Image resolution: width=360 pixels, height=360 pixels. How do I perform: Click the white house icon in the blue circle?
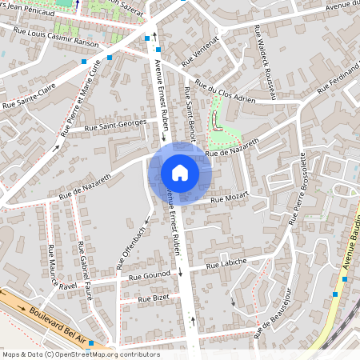pos(180,173)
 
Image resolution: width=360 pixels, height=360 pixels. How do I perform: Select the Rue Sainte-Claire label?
pos(29,103)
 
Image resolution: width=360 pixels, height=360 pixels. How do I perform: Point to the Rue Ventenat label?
pos(199,51)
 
